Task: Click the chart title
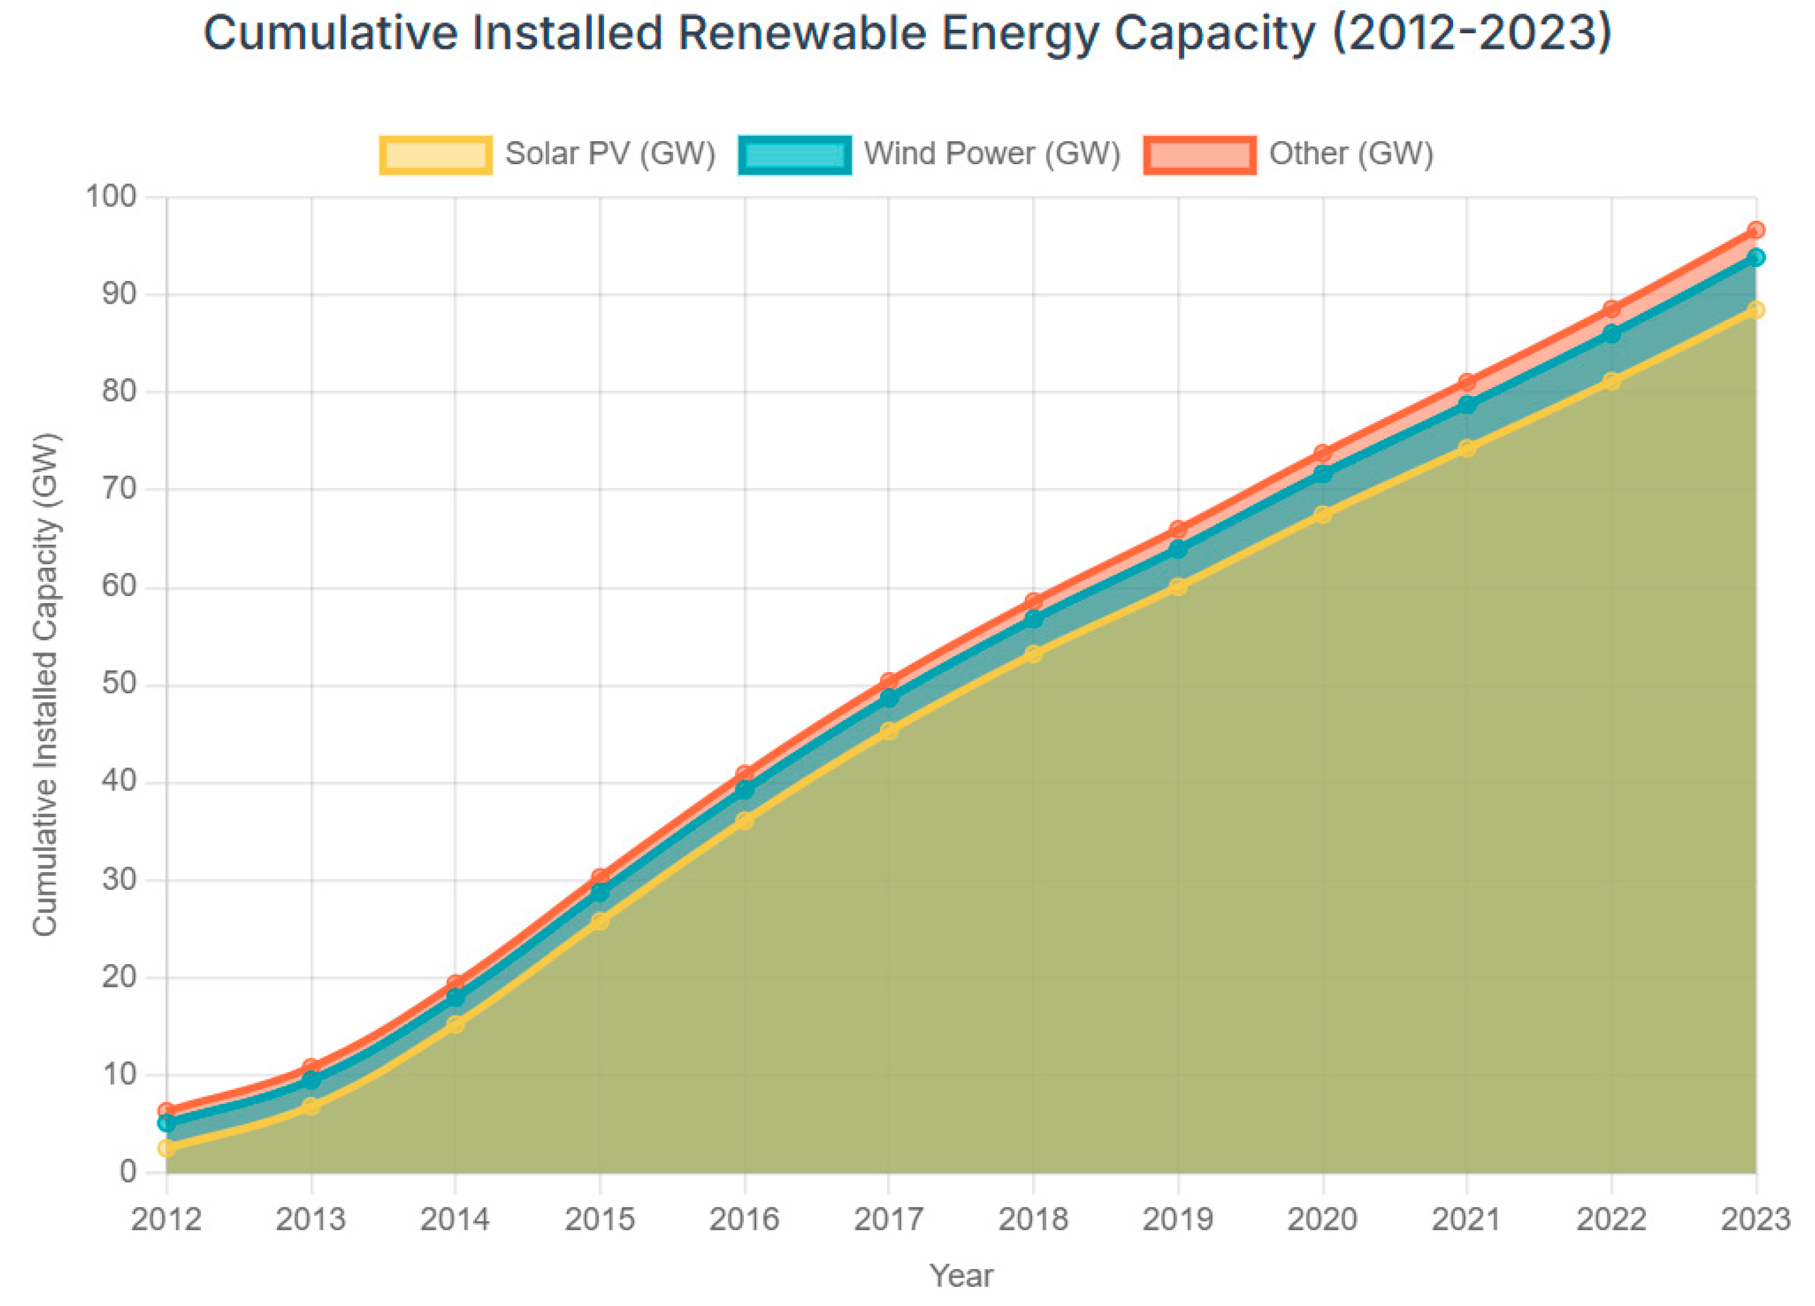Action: (907, 34)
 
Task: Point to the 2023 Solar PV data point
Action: (1755, 310)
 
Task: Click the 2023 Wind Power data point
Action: (1755, 257)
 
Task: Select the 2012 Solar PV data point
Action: (167, 1148)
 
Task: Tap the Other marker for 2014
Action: (455, 984)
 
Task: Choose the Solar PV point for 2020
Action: (1323, 514)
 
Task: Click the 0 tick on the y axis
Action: (128, 1172)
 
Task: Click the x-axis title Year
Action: (961, 1276)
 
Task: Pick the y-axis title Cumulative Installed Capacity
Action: (46, 685)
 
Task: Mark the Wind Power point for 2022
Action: (1611, 334)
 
